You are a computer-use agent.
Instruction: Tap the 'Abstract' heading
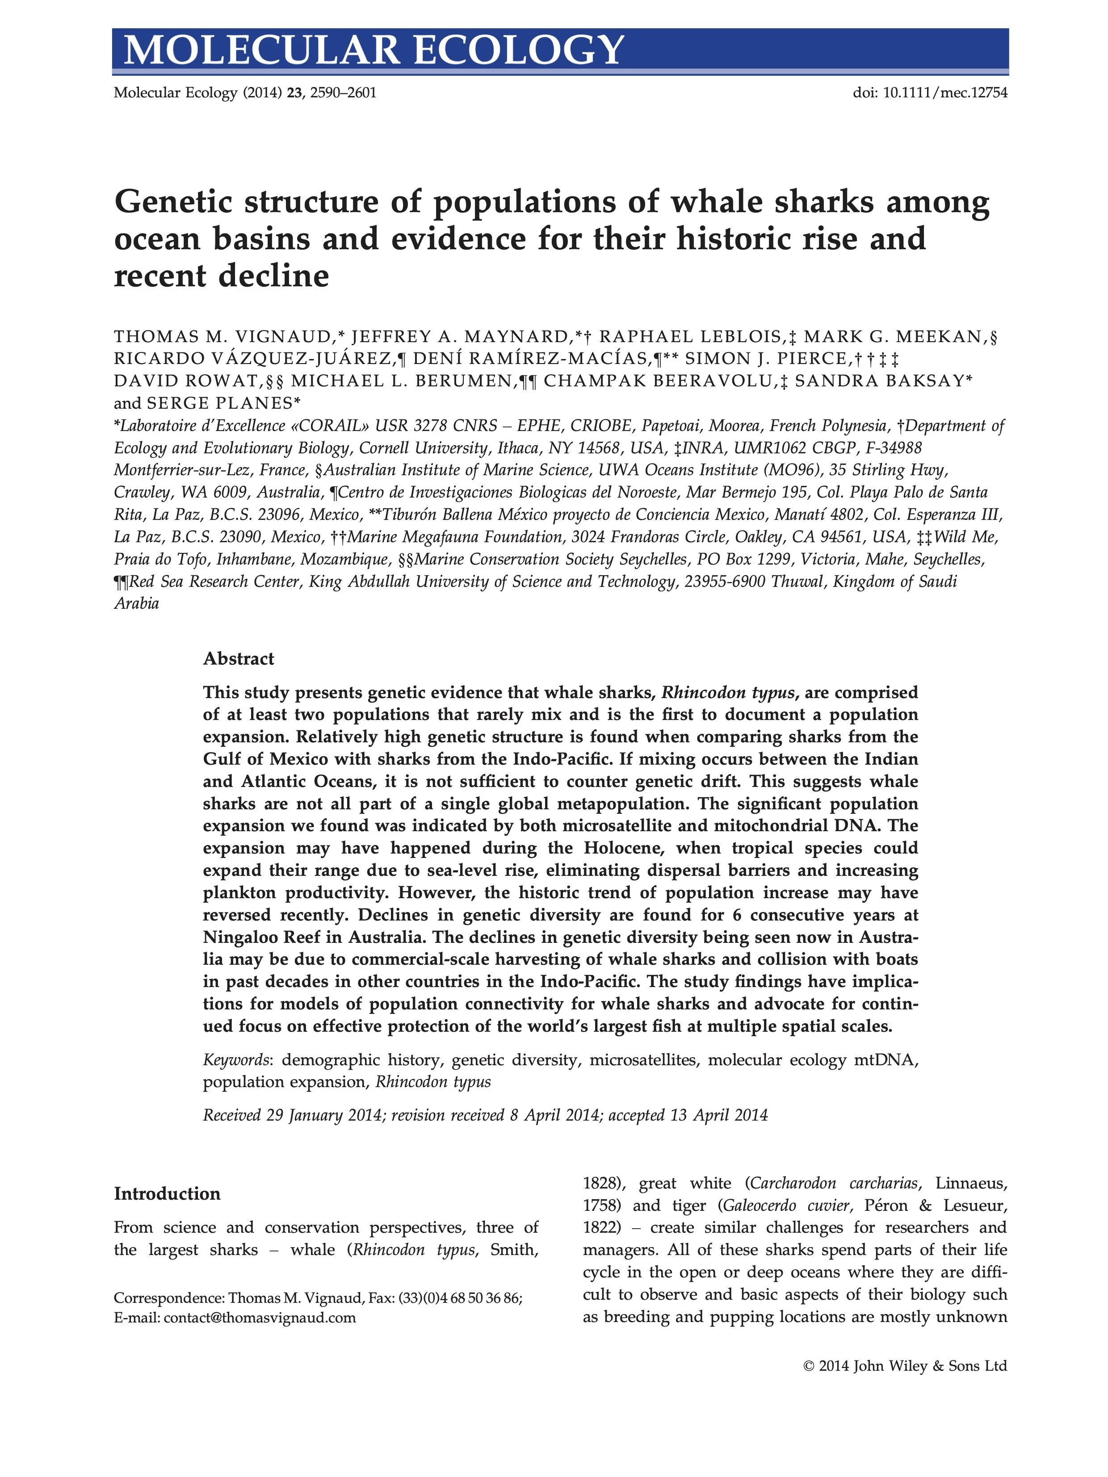(x=239, y=659)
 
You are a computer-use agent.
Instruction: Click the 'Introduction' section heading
(x=167, y=1194)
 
